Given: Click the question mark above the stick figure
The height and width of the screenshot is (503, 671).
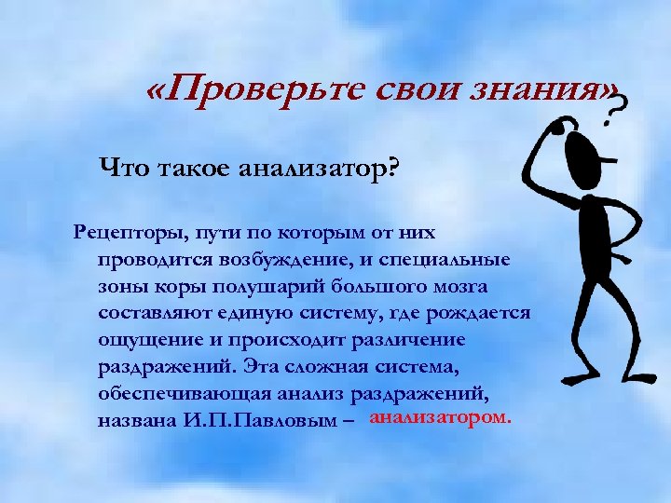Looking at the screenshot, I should (614, 115).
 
